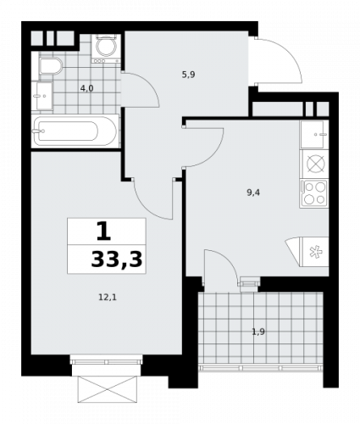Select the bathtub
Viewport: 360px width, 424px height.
tap(75, 133)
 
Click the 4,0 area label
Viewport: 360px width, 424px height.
tap(86, 87)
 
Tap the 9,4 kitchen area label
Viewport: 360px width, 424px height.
tap(252, 192)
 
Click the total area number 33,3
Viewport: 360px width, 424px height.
tap(117, 258)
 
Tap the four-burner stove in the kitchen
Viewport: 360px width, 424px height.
tap(314, 192)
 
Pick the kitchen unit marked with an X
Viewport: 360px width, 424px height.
tap(314, 164)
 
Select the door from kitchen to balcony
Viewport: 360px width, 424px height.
tap(219, 270)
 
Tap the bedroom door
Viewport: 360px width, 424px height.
tap(152, 199)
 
